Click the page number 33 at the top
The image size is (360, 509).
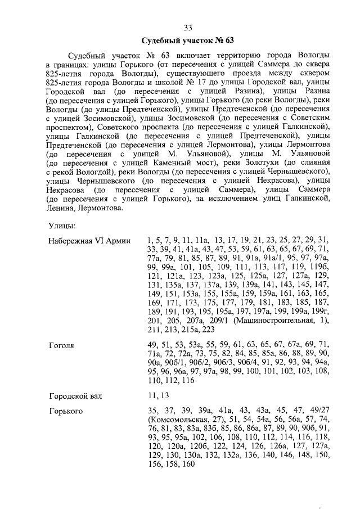pyautogui.click(x=188, y=28)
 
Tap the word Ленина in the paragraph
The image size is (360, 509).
pyautogui.click(x=58, y=208)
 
